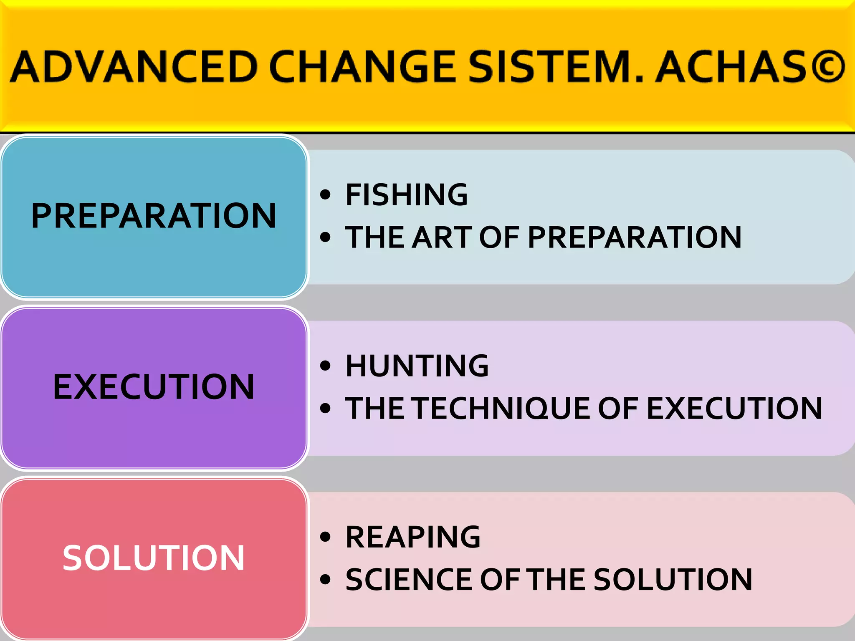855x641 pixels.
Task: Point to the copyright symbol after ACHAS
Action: (826, 67)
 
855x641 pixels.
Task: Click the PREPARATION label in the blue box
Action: (154, 216)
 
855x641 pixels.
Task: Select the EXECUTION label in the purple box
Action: (154, 387)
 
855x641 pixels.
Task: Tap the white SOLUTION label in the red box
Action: (154, 558)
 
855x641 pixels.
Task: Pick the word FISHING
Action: (407, 195)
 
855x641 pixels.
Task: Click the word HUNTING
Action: (417, 366)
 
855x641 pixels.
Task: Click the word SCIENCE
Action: (409, 580)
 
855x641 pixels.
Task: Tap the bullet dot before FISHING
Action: (325, 195)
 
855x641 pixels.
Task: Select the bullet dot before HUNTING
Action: (325, 366)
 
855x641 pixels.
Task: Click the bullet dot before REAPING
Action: (325, 537)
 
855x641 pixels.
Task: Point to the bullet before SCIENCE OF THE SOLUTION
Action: (325, 580)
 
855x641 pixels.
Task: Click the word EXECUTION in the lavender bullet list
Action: (734, 409)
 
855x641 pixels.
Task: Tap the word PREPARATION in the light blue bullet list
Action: (635, 237)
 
